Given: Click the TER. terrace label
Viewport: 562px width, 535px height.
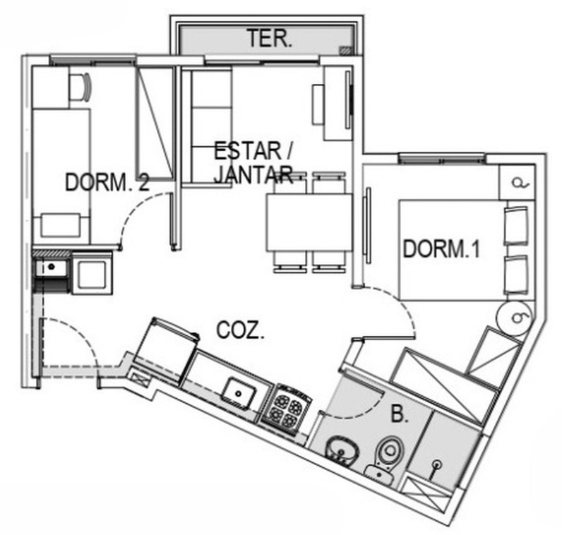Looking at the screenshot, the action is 269,39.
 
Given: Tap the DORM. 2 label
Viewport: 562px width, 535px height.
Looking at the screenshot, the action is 107,181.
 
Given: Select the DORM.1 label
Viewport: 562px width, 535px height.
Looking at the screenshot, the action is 441,248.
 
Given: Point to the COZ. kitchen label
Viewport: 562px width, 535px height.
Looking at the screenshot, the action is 240,330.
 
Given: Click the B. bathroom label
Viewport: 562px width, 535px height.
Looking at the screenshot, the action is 400,414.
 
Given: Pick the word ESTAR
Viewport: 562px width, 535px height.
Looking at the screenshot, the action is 248,151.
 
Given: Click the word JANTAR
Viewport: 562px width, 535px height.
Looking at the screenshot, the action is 253,174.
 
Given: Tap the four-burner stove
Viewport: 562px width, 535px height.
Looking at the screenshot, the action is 287,409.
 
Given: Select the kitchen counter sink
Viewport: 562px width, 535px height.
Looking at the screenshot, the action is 239,393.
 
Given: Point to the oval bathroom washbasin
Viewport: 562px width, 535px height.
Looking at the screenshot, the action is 342,450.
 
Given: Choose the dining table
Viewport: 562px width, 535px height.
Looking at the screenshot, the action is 309,222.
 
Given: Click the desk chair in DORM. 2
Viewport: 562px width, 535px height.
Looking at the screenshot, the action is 80,87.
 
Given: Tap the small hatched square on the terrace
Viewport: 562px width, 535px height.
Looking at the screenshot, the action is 345,51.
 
